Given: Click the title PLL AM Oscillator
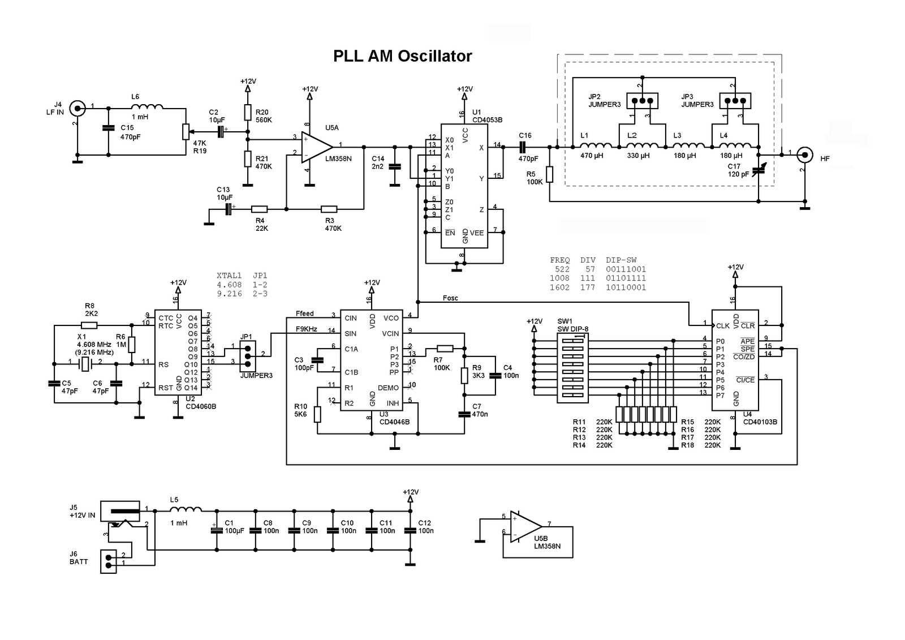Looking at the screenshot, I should tap(402, 56).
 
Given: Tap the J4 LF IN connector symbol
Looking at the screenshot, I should tap(77, 108).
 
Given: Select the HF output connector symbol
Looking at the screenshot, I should tap(804, 154).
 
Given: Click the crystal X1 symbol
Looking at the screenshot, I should tap(85, 364).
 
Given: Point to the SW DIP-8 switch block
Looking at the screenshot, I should tap(572, 367).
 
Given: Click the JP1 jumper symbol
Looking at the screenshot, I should tap(248, 355).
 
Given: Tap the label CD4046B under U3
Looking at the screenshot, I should tap(394, 422).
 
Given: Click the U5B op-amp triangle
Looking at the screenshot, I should tap(524, 527).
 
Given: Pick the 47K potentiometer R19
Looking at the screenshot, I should tap(185, 131).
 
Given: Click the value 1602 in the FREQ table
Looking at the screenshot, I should tap(559, 287).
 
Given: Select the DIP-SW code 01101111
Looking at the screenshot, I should tap(626, 278).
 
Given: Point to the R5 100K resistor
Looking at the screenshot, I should tap(549, 174).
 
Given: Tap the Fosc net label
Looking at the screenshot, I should tap(450, 298).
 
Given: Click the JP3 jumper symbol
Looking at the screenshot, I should tap(735, 101).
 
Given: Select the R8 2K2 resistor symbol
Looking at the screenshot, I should tap(89, 325).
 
